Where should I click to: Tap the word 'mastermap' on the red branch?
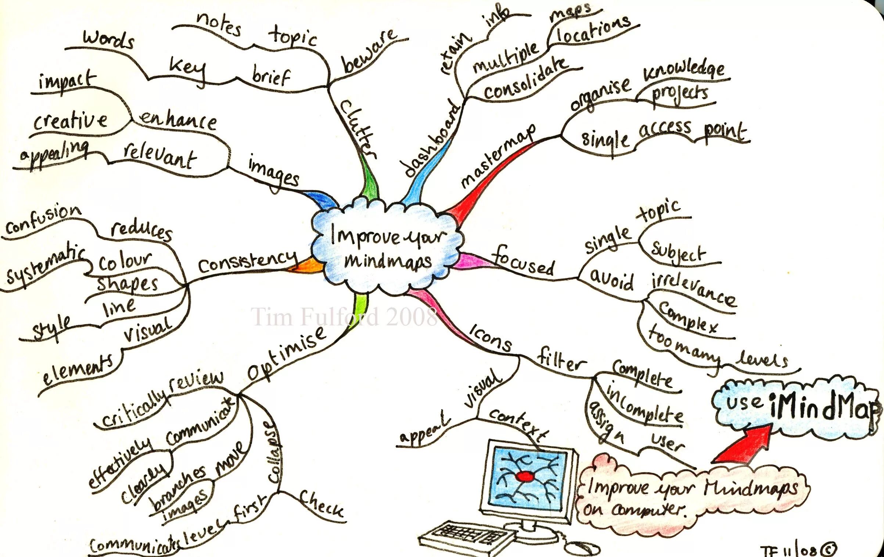click(498, 156)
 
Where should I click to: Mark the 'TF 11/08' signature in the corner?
click(797, 550)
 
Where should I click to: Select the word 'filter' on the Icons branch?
click(560, 362)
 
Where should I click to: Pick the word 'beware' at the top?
click(369, 51)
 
